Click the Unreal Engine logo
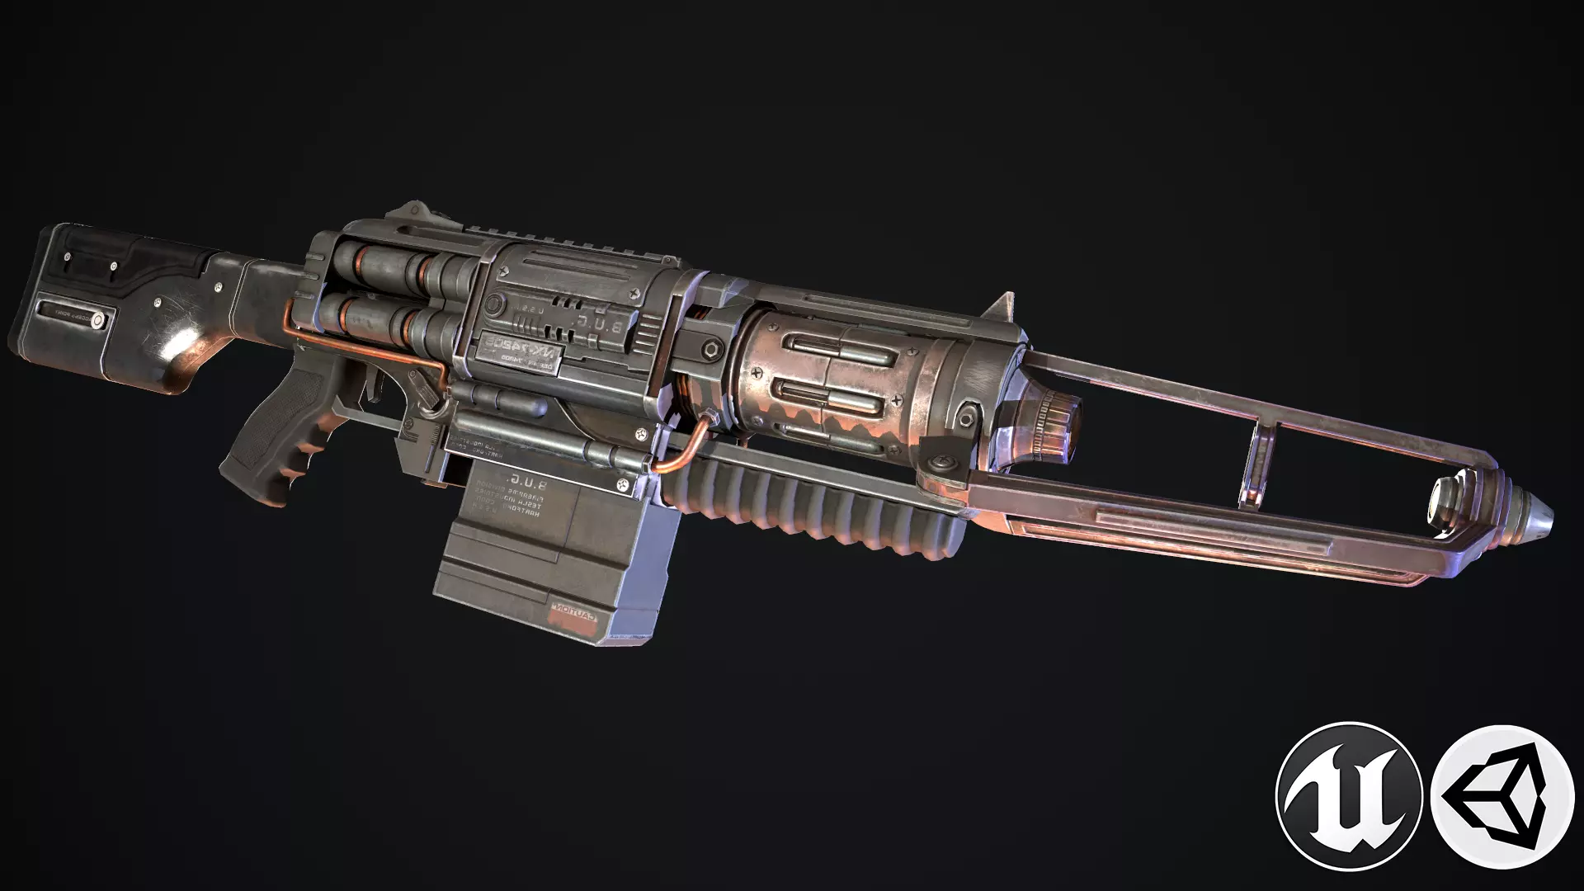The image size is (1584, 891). pos(1347,794)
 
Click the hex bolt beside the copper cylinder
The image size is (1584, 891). pos(711,349)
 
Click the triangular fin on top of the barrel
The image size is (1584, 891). pos(1002,309)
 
